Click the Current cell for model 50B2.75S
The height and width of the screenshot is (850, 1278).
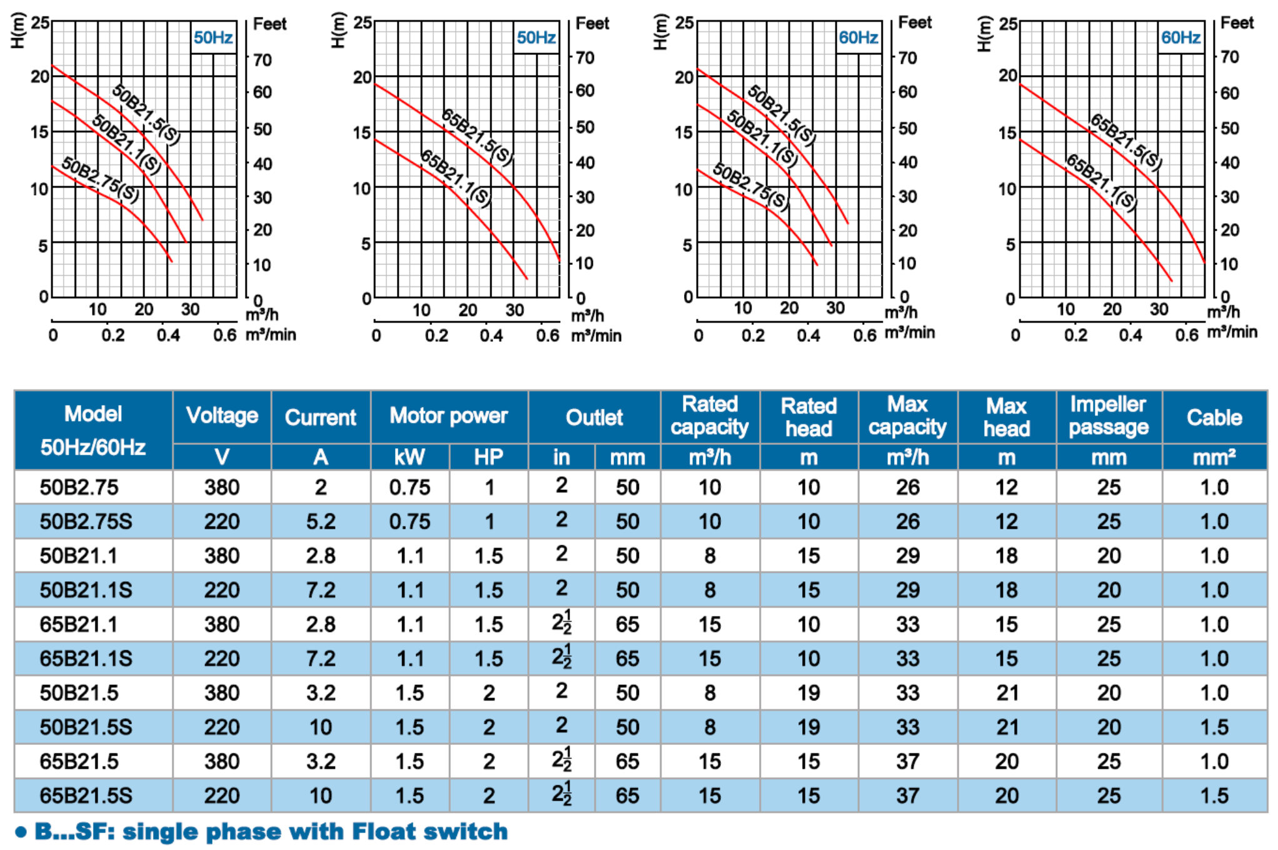click(x=320, y=521)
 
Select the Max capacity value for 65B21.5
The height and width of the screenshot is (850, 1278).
click(x=907, y=761)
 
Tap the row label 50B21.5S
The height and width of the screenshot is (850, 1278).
click(x=86, y=727)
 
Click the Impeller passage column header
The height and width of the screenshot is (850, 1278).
click(x=1108, y=416)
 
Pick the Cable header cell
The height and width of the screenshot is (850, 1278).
click(x=1214, y=417)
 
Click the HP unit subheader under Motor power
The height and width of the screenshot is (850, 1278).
click(x=488, y=457)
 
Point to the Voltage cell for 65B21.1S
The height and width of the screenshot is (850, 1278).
click(x=221, y=658)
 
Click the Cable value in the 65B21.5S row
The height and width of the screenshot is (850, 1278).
click(x=1214, y=796)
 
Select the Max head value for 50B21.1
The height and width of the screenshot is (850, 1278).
click(x=1006, y=556)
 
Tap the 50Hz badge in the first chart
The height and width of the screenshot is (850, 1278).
click(x=213, y=37)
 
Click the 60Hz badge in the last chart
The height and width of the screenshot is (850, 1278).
click(x=1180, y=37)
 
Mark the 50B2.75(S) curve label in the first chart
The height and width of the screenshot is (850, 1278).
click(x=101, y=180)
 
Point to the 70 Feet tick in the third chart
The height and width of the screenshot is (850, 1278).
click(x=907, y=58)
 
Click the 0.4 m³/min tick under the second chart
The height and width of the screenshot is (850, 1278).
click(x=491, y=336)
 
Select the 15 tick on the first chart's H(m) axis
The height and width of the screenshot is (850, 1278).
click(x=39, y=132)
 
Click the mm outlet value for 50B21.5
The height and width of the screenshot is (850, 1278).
click(x=627, y=692)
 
